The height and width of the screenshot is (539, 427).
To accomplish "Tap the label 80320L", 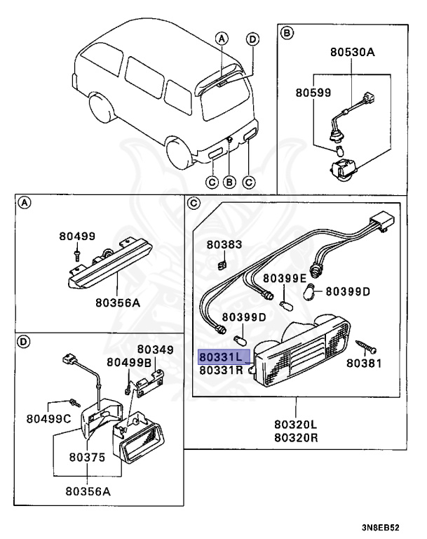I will coord(295,425).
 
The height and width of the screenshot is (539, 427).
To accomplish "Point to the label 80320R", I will coord(295,437).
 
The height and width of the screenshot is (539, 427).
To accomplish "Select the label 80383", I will coord(223,245).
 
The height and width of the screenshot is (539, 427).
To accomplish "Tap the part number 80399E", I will coord(285,279).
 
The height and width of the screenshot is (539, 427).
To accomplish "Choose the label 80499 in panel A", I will coord(77,237).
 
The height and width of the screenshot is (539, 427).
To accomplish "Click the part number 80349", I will coord(155,349).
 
